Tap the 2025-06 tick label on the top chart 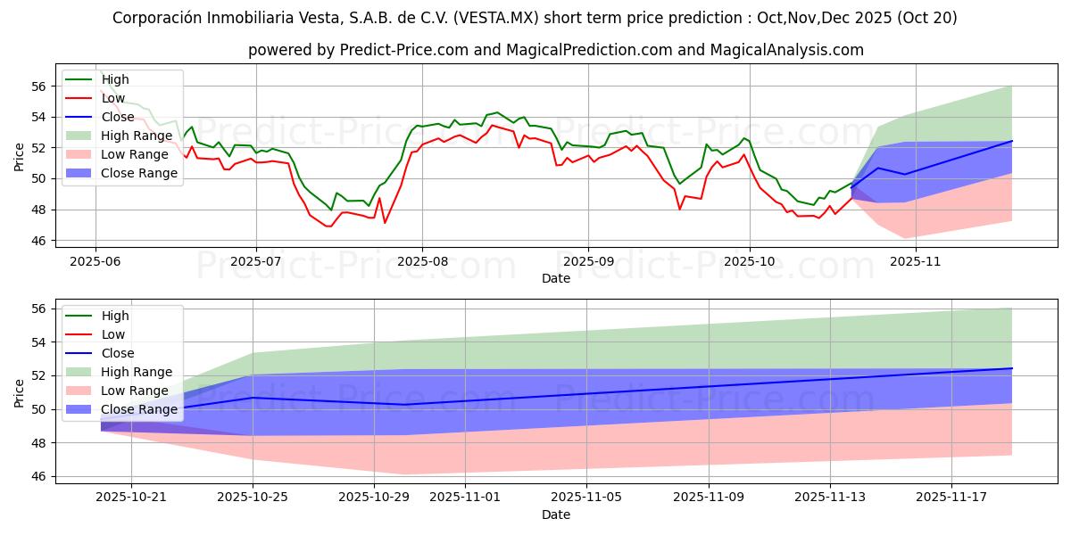pyautogui.click(x=95, y=260)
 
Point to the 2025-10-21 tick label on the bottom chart pyautogui.click(x=131, y=496)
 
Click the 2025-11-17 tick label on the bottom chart pyautogui.click(x=951, y=496)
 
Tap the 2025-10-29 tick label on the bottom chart pyautogui.click(x=375, y=496)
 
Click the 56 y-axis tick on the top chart pyautogui.click(x=37, y=86)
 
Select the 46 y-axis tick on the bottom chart pyautogui.click(x=37, y=477)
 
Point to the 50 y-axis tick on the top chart pyautogui.click(x=37, y=179)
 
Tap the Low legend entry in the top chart pyautogui.click(x=113, y=97)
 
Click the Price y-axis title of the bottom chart pyautogui.click(x=19, y=392)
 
